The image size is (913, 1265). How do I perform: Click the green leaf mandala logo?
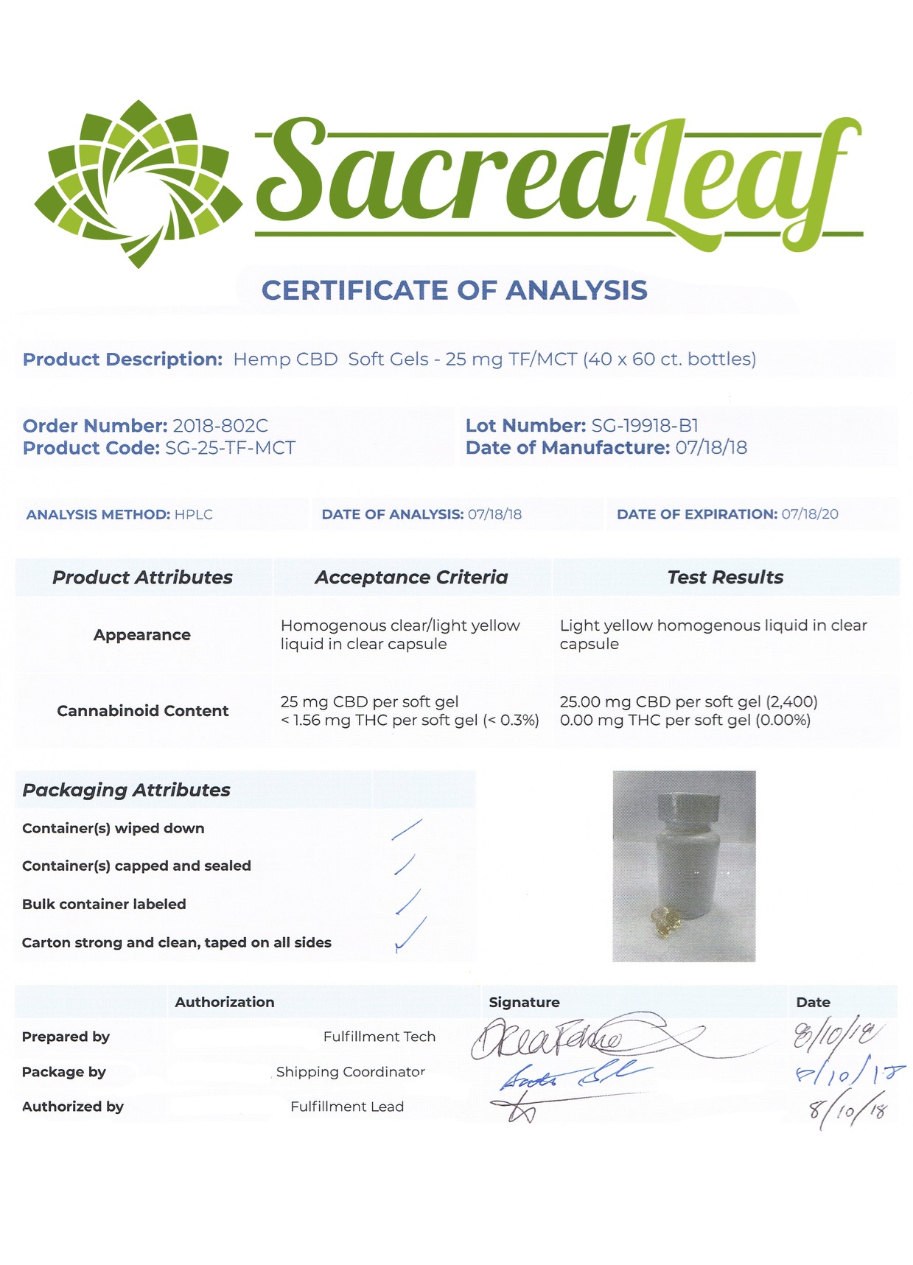(138, 183)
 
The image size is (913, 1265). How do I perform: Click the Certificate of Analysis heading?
(455, 290)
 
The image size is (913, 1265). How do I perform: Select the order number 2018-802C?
(220, 426)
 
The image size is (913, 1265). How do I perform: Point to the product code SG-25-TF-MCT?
(230, 448)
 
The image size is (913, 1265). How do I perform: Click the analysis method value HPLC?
(193, 514)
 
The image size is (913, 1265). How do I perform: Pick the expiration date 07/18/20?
(809, 514)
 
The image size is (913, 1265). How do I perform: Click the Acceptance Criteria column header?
(411, 578)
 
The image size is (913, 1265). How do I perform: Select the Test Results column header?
(725, 578)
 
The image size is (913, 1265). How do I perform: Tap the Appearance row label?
(142, 635)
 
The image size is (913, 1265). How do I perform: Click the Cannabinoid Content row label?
(143, 711)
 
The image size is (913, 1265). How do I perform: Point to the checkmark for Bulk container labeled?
(408, 903)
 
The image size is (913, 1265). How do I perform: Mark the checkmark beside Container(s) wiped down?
(407, 830)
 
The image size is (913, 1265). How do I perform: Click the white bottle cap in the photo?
(688, 809)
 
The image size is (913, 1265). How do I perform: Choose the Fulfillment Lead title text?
(347, 1107)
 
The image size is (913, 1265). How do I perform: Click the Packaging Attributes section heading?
(126, 790)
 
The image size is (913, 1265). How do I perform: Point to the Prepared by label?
(66, 1037)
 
